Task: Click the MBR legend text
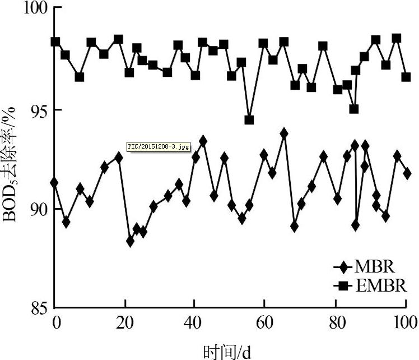click(x=375, y=267)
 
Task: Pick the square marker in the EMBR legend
click(x=344, y=287)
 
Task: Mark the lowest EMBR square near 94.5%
click(x=249, y=120)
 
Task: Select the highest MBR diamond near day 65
click(x=284, y=133)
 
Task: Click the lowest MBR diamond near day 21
click(x=131, y=241)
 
